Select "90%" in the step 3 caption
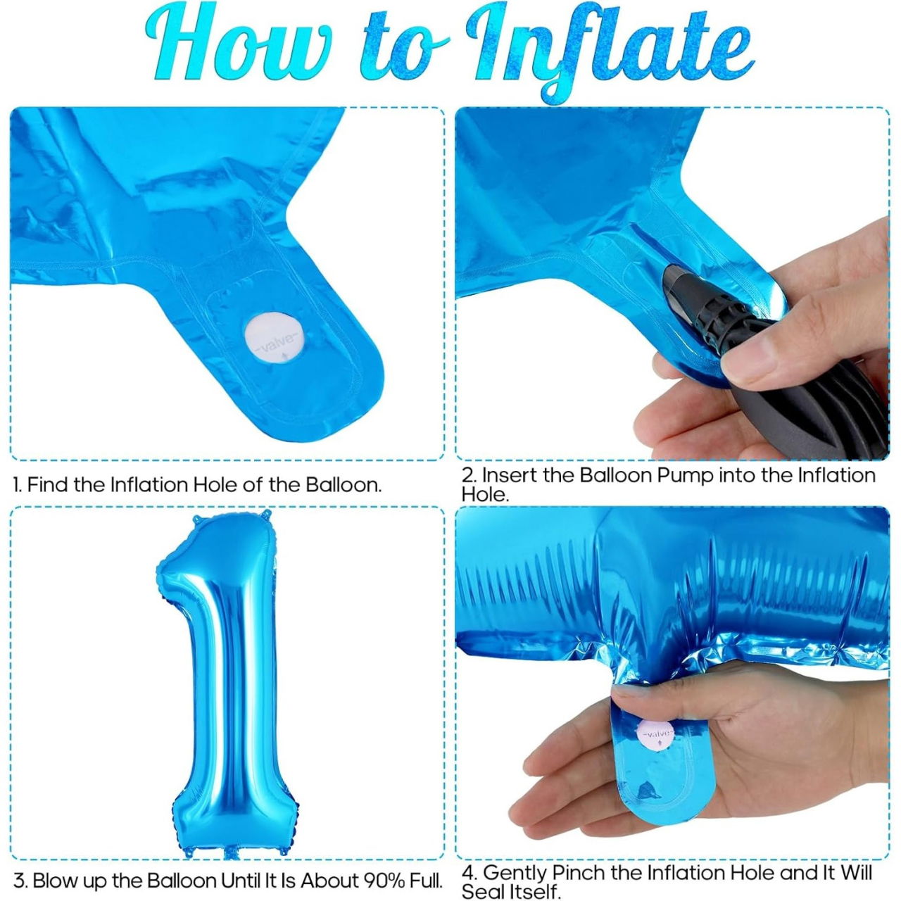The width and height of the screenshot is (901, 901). pyautogui.click(x=384, y=881)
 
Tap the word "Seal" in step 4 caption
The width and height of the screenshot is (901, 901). pyautogui.click(x=484, y=892)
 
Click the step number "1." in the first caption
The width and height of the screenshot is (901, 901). pyautogui.click(x=18, y=485)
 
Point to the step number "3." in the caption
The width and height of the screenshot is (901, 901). pyautogui.click(x=20, y=881)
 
